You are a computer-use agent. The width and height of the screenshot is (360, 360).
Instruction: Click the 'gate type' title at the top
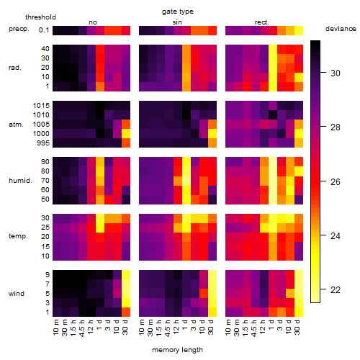tap(178, 12)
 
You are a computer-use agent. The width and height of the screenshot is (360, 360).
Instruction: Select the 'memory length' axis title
tap(177, 350)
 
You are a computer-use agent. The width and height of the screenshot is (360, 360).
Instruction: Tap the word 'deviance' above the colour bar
tap(341, 29)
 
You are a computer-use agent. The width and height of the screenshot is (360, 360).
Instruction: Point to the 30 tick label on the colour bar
tap(336, 73)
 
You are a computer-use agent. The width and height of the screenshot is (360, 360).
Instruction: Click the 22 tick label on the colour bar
tap(336, 290)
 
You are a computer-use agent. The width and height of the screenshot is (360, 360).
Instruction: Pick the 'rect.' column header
tap(261, 22)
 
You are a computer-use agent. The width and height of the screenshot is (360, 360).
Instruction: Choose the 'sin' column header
tap(177, 22)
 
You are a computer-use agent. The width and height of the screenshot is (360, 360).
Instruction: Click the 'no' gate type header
tap(93, 22)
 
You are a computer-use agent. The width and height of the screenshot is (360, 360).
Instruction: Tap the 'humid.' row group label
tap(20, 181)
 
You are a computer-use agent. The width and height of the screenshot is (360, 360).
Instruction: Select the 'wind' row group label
tap(17, 294)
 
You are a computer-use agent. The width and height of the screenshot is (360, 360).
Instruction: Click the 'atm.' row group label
tap(16, 125)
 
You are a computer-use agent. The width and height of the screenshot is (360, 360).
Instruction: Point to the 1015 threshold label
tap(41, 106)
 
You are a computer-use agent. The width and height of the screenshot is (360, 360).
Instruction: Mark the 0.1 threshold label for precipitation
tap(44, 30)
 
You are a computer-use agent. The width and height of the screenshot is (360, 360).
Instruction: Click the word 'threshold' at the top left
tap(40, 17)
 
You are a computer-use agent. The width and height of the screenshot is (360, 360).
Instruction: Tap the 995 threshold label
tap(43, 143)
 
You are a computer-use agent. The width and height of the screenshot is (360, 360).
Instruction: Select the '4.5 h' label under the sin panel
tap(168, 328)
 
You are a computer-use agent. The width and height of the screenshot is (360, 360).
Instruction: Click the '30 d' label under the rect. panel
tap(297, 327)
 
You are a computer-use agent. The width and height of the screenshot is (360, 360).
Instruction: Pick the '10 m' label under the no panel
tap(55, 328)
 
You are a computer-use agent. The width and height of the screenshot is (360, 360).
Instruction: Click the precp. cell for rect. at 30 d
tap(299, 30)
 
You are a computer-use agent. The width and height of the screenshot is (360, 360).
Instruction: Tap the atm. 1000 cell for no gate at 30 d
tap(126, 134)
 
